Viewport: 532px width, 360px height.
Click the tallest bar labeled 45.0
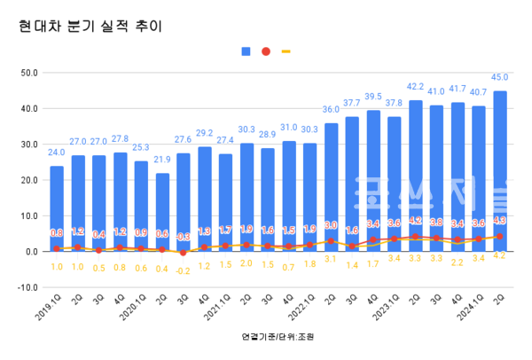(x=500, y=168)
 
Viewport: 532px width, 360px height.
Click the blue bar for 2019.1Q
(x=57, y=207)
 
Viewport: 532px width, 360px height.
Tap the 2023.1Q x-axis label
(x=383, y=311)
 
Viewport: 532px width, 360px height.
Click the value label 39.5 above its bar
(x=373, y=97)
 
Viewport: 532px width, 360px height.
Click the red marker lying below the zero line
(x=183, y=253)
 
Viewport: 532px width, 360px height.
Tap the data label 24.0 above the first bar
(x=57, y=152)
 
